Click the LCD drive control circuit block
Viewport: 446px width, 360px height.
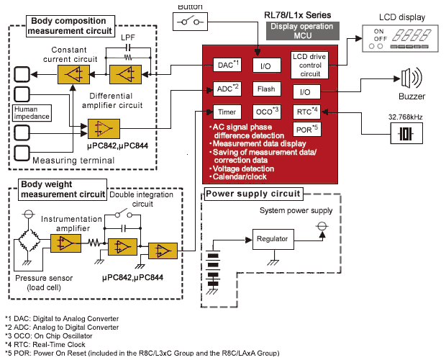(310, 64)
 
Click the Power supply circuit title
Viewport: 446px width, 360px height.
(253, 193)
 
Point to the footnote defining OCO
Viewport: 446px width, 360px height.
(49, 336)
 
